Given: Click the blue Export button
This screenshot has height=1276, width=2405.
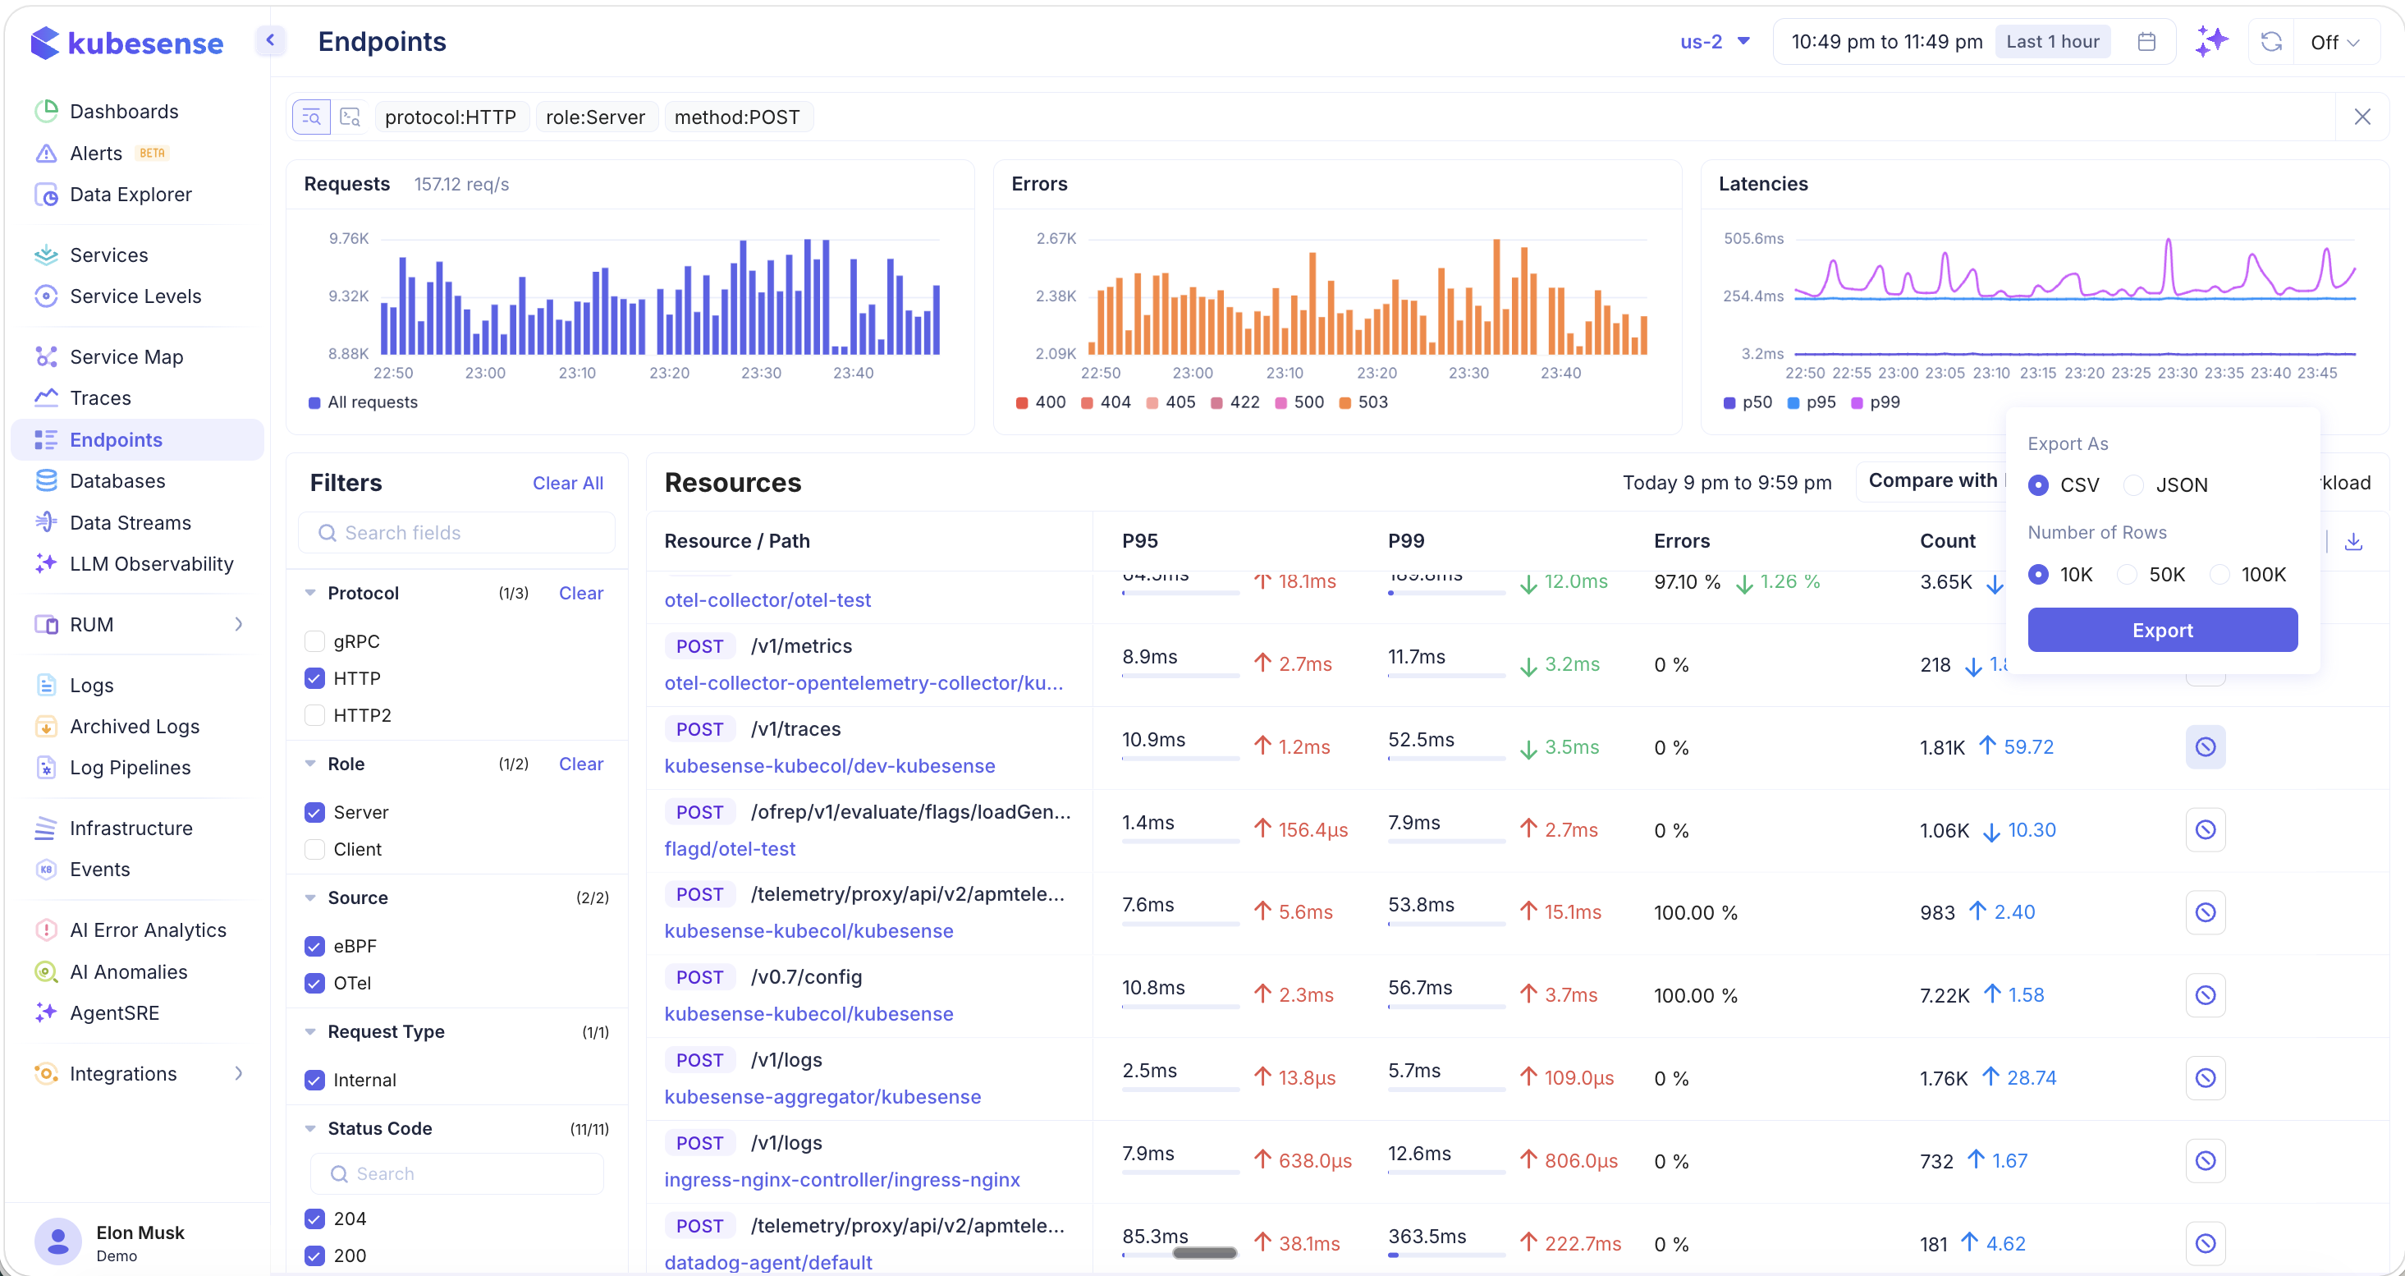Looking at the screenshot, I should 2161,630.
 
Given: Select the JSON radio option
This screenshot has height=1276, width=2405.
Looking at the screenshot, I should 2133,484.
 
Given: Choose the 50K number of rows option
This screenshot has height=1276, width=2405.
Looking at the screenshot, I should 2127,575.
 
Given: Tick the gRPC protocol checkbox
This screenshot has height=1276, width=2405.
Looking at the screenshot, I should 314,642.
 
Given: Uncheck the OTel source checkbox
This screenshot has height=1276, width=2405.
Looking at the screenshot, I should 314,983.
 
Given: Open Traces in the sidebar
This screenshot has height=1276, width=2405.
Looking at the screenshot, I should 100,398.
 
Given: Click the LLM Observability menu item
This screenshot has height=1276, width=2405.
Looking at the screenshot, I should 151,563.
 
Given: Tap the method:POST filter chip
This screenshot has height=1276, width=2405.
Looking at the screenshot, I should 736,117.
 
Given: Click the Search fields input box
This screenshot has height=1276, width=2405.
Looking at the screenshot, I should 457,532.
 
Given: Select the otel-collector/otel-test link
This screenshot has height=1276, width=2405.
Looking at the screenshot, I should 767,599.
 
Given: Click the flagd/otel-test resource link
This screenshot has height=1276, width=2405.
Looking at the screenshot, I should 729,848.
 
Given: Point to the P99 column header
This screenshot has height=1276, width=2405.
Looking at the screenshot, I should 1406,541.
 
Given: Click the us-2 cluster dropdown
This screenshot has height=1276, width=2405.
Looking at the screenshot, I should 1714,42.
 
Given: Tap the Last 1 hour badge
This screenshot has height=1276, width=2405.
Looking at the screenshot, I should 2052,42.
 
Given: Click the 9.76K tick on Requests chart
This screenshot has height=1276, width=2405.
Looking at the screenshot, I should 348,239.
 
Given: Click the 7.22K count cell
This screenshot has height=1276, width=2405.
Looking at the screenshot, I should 1944,995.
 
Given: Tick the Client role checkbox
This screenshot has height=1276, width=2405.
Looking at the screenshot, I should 314,849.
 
